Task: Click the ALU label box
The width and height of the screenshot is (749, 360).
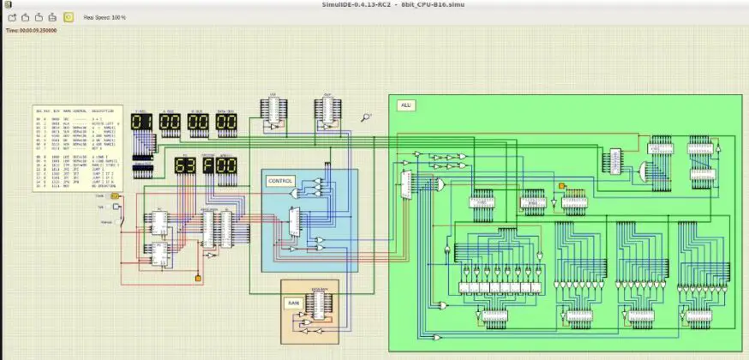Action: (406, 105)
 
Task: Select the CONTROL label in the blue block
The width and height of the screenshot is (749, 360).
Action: (280, 181)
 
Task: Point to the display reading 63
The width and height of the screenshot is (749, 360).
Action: (185, 165)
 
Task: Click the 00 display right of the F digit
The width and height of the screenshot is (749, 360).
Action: (226, 165)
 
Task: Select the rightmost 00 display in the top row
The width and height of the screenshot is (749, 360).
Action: (226, 122)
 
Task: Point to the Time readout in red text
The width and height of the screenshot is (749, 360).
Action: (32, 31)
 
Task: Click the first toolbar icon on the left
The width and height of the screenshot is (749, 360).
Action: (13, 16)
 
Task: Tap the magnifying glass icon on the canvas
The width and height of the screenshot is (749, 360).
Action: (366, 117)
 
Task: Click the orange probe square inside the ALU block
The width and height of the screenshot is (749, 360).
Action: (562, 186)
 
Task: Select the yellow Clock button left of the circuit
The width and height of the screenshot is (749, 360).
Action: (115, 196)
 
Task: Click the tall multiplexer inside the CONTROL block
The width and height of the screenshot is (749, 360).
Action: (295, 223)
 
